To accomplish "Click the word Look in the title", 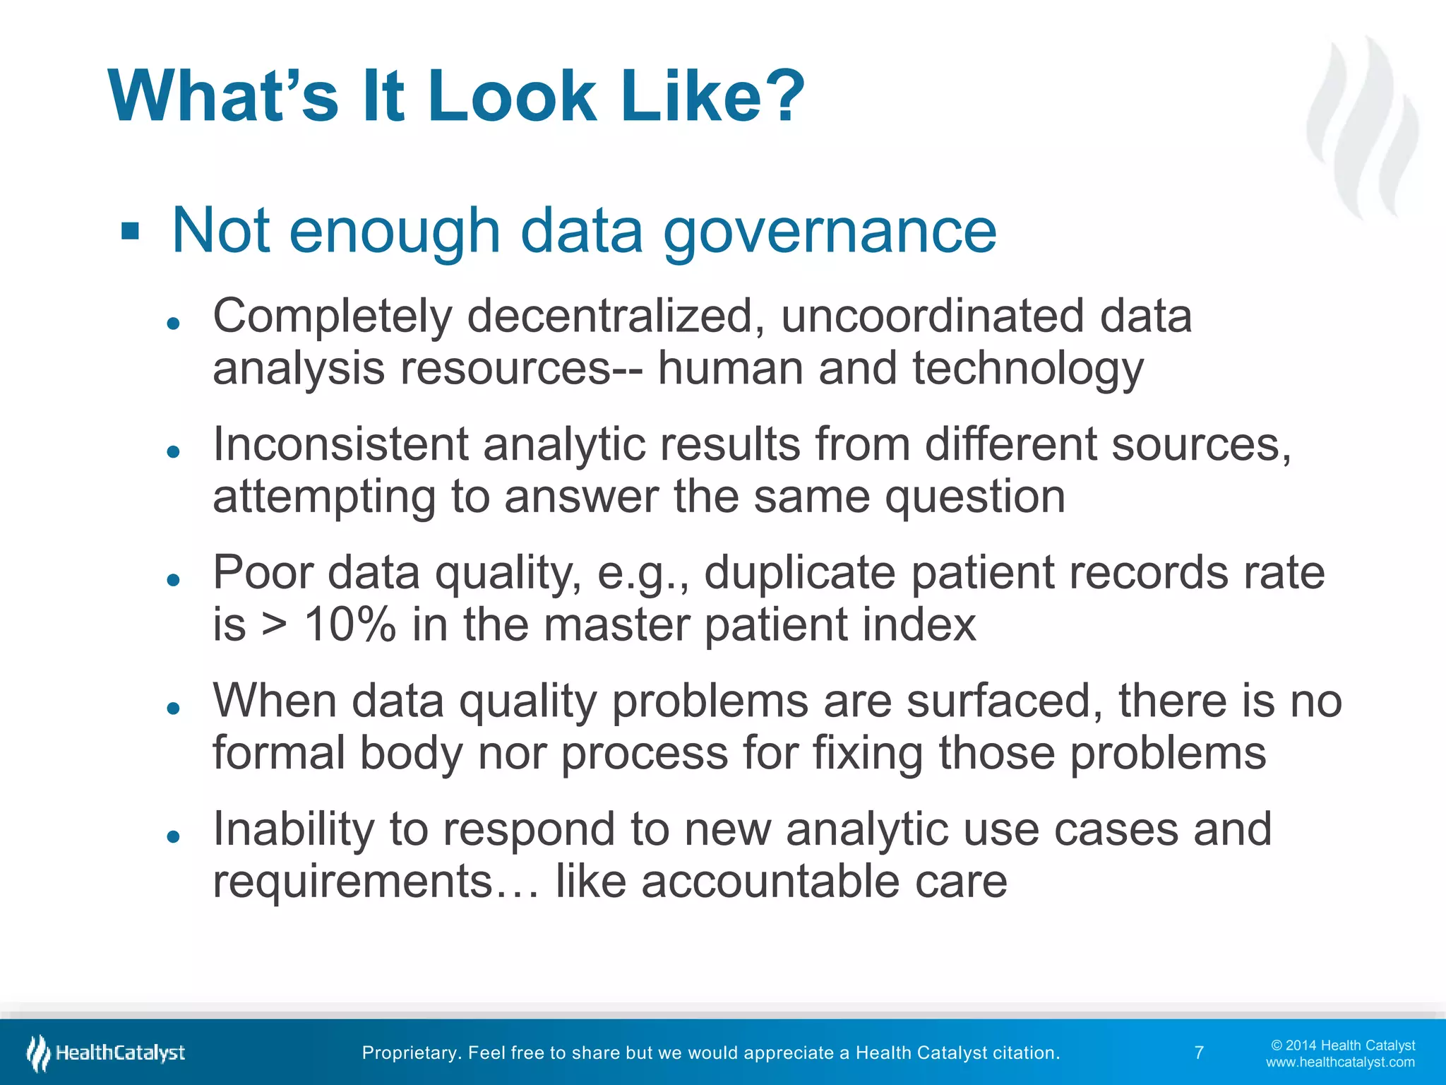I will (512, 97).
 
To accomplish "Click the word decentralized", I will (616, 316).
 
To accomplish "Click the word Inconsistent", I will (341, 444).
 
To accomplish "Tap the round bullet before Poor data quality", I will (173, 580).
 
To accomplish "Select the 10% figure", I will (349, 625).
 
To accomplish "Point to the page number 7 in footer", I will (1199, 1053).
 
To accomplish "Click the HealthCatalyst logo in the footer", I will (106, 1053).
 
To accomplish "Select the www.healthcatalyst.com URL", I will (1339, 1062).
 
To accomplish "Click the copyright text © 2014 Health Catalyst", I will (1343, 1045).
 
